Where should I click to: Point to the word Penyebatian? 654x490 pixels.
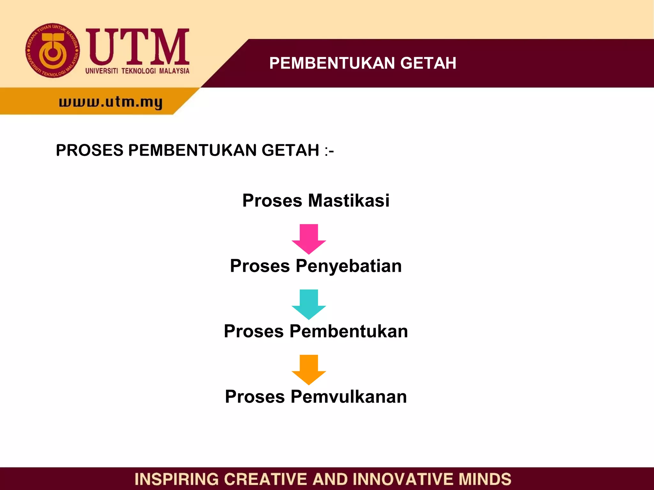click(x=348, y=266)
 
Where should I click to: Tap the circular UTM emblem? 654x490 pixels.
click(x=53, y=51)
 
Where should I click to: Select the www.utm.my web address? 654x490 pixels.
click(x=111, y=102)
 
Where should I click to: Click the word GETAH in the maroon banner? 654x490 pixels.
click(x=428, y=63)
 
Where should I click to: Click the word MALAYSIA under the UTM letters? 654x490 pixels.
click(x=174, y=71)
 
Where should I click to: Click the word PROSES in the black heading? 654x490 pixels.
click(x=89, y=150)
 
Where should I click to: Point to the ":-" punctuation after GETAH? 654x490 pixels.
click(x=329, y=151)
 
